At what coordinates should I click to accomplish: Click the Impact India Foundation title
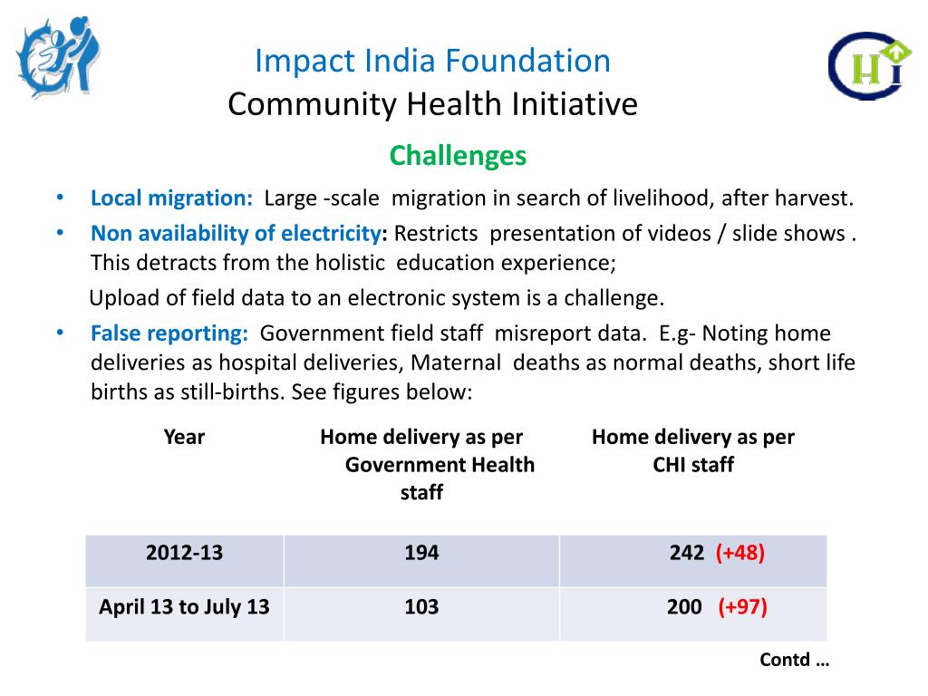[x=432, y=62]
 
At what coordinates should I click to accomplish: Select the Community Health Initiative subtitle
[x=432, y=105]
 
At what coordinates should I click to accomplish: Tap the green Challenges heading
[x=458, y=156]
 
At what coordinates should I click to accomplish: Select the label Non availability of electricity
[x=235, y=233]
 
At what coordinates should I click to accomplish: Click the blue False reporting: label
[x=169, y=333]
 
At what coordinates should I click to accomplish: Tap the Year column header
[x=184, y=437]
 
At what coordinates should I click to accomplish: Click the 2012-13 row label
[x=184, y=553]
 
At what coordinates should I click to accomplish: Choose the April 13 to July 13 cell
[x=184, y=607]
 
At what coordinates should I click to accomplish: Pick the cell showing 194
[x=421, y=553]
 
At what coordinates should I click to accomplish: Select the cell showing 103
[x=421, y=607]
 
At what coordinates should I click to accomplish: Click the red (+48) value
[x=740, y=553]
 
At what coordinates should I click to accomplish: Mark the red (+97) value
[x=743, y=607]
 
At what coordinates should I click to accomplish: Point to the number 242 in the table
[x=687, y=553]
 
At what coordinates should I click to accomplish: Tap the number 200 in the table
[x=684, y=607]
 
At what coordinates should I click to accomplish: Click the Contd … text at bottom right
[x=794, y=660]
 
